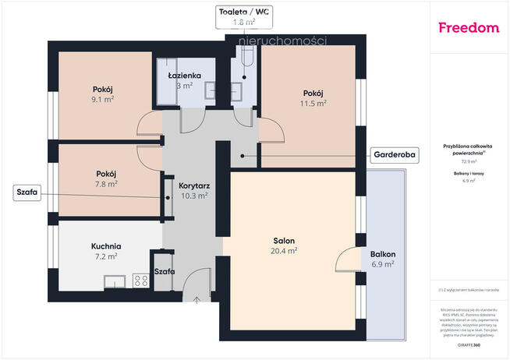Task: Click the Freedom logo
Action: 469,28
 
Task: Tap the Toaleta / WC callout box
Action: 246,17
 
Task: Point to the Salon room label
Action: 283,241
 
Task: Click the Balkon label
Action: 383,254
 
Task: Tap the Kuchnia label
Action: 106,246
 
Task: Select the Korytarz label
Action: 193,186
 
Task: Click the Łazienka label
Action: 186,76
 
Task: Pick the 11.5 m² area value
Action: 314,103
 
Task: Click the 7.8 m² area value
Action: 107,184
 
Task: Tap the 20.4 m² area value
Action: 283,251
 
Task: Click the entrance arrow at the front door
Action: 198,299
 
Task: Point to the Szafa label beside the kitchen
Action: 164,271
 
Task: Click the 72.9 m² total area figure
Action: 469,161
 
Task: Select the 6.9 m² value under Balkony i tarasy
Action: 469,181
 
